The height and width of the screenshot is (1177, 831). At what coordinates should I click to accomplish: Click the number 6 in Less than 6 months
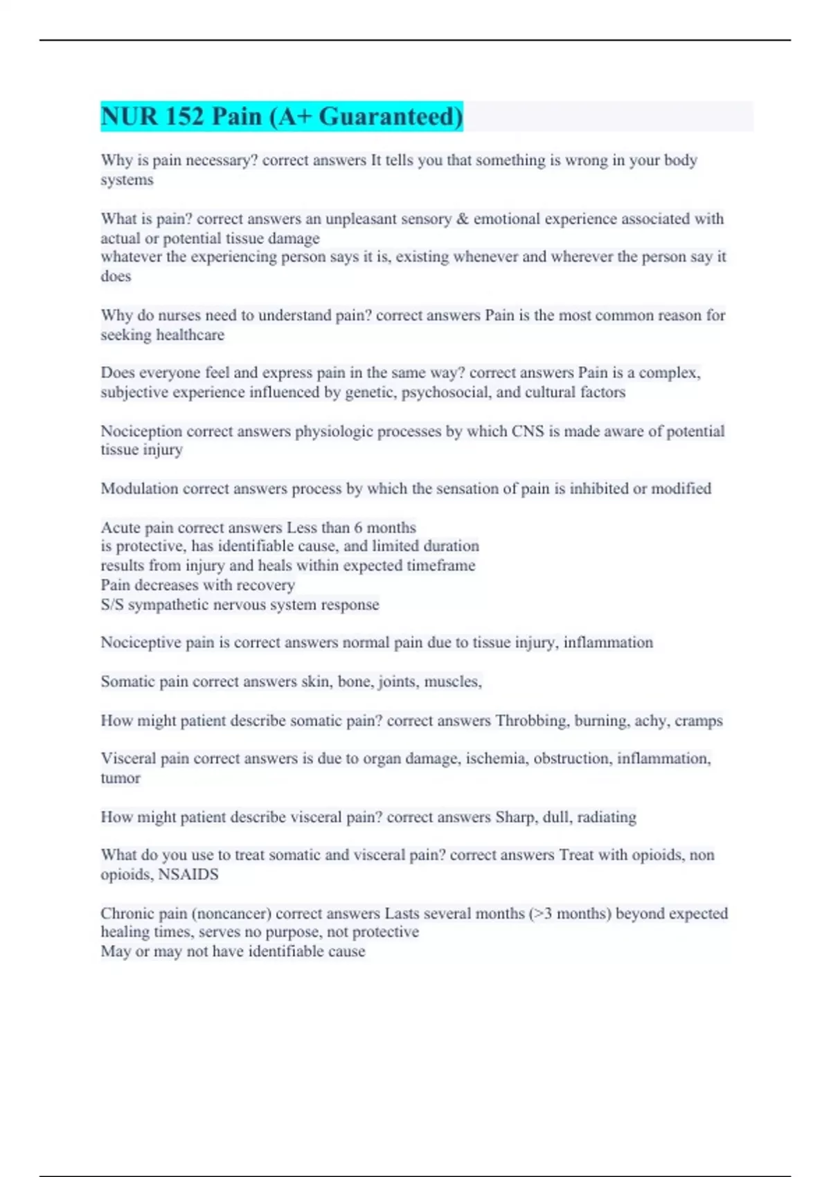pyautogui.click(x=358, y=528)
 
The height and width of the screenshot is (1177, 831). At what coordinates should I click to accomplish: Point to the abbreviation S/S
pyautogui.click(x=112, y=604)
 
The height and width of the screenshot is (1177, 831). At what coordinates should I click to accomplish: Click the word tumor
pyautogui.click(x=120, y=778)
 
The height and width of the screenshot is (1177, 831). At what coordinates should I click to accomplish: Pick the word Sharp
pyautogui.click(x=515, y=817)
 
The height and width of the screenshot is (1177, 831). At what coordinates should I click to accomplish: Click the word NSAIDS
pyautogui.click(x=188, y=874)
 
